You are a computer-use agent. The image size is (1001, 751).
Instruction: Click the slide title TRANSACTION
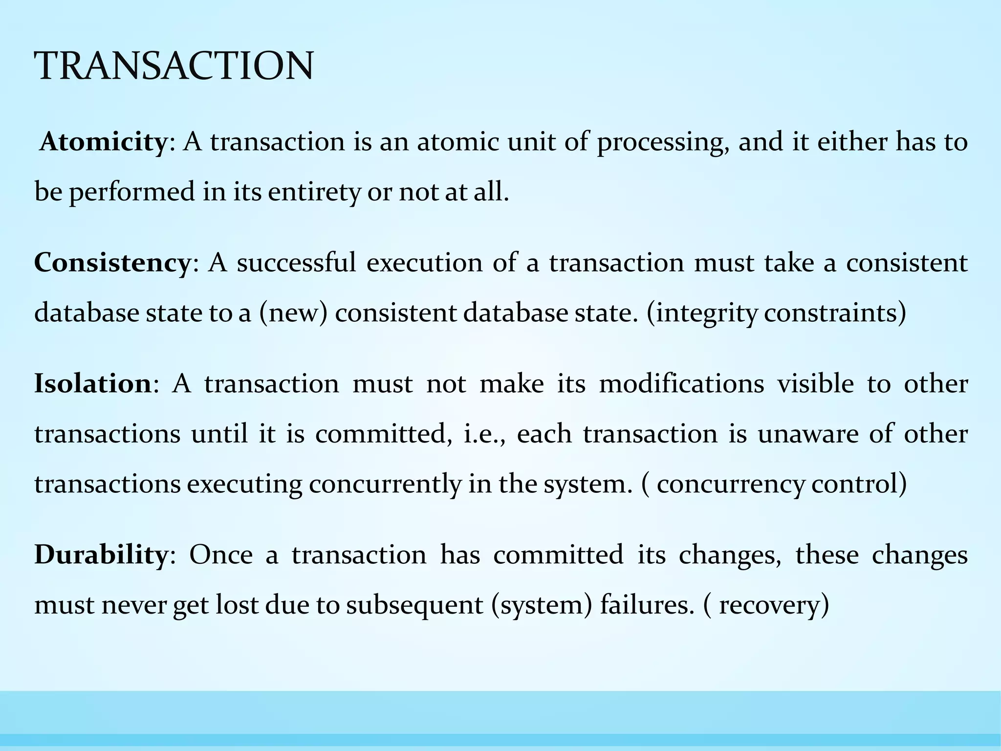(174, 66)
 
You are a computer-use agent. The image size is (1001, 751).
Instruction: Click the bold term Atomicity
(103, 142)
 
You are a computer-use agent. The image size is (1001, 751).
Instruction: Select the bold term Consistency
(112, 263)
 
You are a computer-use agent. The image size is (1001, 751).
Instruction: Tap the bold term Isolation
(93, 384)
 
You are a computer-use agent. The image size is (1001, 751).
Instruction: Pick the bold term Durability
(101, 555)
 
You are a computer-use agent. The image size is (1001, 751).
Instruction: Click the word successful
(296, 263)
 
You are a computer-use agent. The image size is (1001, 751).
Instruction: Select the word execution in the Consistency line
(424, 264)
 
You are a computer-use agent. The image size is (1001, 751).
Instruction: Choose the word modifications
(681, 384)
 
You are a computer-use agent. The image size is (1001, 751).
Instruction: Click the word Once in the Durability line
(221, 555)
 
